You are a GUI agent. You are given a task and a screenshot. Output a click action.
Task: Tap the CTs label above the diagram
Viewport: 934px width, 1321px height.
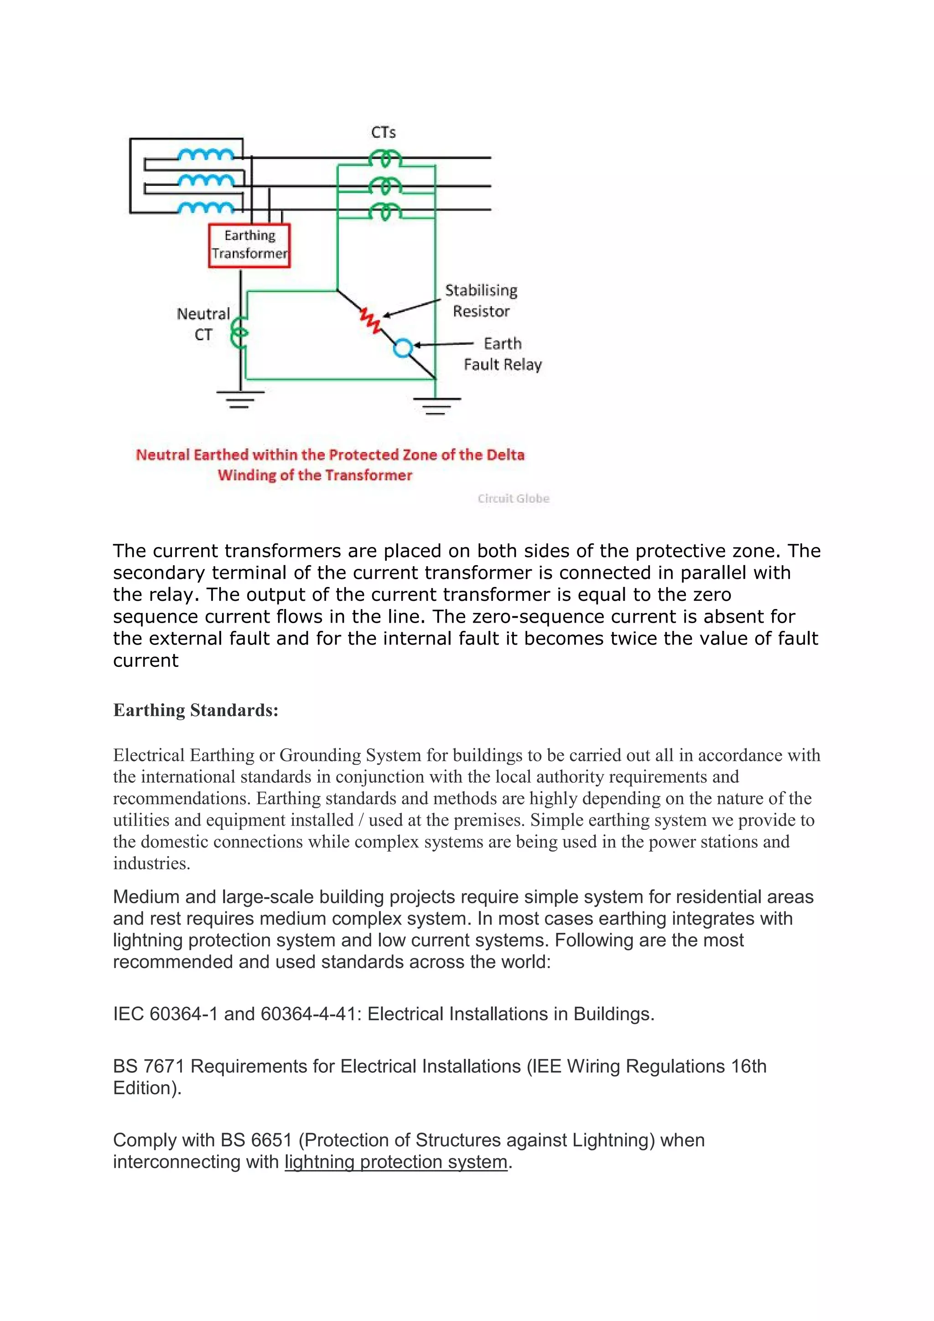click(x=383, y=133)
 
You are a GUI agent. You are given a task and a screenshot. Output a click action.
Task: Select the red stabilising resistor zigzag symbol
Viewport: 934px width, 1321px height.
click(x=370, y=320)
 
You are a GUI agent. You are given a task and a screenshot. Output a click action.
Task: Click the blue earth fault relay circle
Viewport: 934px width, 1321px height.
click(x=403, y=348)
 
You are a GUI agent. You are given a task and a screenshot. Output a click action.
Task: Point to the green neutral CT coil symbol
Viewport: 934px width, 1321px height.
click(x=239, y=334)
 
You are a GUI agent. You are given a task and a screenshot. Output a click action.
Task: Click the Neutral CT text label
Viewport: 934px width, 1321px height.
click(x=203, y=324)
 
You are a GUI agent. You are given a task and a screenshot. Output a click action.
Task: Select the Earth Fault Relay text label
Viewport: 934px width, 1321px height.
click(x=502, y=354)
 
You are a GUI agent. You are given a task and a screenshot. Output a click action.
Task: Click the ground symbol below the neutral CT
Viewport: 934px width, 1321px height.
click(x=240, y=399)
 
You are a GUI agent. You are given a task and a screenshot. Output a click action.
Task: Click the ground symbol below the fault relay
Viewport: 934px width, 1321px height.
click(x=436, y=406)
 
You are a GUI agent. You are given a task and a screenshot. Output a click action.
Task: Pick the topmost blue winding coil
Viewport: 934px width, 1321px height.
click(x=205, y=155)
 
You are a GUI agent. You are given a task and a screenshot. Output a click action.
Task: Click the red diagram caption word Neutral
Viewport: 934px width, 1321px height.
click(x=162, y=455)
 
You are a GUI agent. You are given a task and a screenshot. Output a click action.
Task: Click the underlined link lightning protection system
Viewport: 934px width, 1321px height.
click(x=396, y=1162)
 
